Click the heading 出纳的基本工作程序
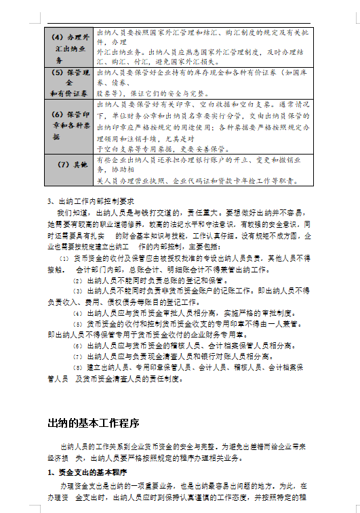[x=93, y=424]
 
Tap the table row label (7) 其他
[x=71, y=165]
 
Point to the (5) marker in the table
[x=57, y=71]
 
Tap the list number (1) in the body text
[x=64, y=259]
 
